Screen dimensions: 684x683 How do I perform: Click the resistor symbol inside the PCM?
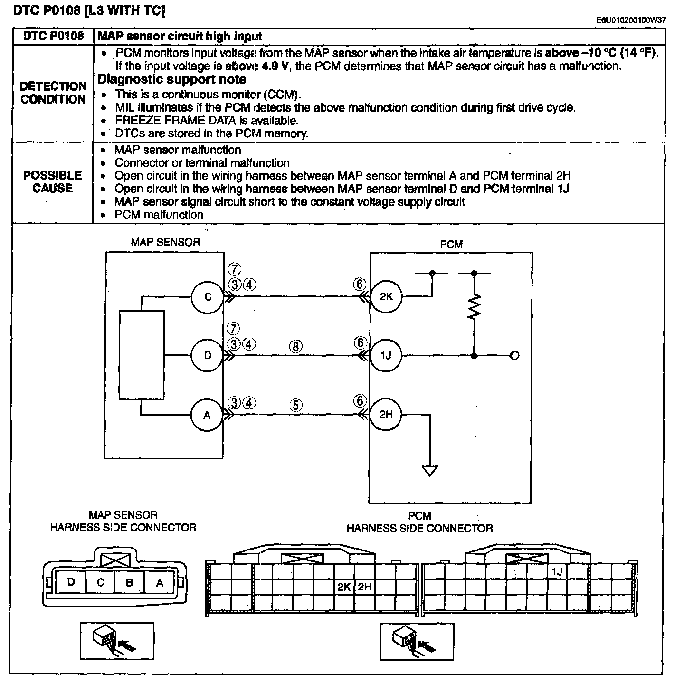pos(475,306)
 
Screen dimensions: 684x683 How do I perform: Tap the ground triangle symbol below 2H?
pos(430,471)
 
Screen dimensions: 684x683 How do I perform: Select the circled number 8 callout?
pos(295,346)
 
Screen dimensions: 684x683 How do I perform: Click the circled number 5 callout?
pos(296,405)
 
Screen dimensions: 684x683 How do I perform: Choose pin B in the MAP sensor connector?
pos(130,582)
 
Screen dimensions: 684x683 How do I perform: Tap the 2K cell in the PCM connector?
pos(344,587)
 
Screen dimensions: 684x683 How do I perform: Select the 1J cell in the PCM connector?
pos(557,571)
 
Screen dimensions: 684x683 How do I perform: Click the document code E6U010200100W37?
pos(631,20)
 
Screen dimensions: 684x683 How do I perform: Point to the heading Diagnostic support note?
pos(172,79)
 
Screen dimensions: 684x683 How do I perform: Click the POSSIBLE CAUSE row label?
pos(53,182)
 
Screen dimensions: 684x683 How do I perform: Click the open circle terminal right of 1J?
pos(515,355)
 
